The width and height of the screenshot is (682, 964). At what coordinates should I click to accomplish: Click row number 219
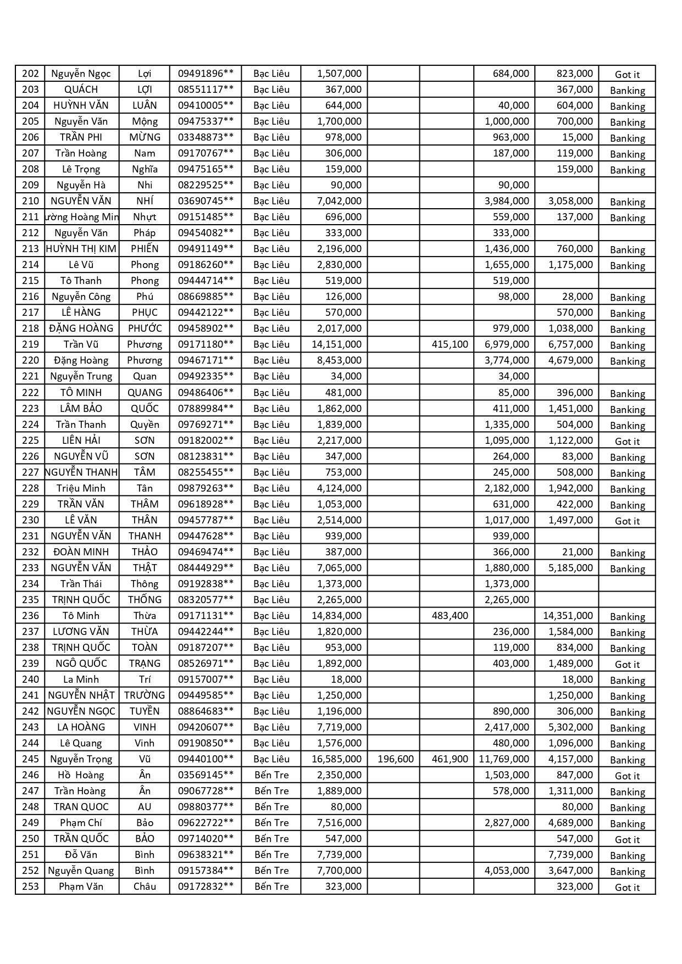(30, 344)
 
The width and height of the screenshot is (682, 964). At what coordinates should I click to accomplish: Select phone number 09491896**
(206, 74)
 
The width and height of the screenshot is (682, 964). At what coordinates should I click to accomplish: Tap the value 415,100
(450, 344)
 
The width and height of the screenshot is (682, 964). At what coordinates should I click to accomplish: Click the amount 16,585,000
(336, 759)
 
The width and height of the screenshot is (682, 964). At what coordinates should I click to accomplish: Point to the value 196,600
(396, 759)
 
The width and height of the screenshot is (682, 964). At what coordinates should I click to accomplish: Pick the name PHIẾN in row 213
(145, 249)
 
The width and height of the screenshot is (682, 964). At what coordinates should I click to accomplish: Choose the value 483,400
(450, 616)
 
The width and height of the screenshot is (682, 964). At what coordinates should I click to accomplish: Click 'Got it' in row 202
(627, 75)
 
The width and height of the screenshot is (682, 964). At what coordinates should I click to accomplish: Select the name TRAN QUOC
(81, 807)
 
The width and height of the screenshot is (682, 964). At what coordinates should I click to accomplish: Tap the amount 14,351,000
(568, 616)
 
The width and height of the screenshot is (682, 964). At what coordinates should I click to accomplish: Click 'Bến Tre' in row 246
(271, 775)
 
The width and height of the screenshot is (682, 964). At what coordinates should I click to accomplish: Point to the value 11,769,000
(504, 759)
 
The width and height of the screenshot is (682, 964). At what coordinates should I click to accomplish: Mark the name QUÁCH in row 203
(81, 90)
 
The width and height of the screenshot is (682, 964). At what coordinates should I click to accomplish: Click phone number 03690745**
(206, 201)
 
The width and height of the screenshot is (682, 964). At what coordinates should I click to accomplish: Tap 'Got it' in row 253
(627, 888)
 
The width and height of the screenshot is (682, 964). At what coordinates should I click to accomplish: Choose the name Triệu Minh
(81, 488)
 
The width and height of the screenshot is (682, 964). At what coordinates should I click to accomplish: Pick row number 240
(30, 679)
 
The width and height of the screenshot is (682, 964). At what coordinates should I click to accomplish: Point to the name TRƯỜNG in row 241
(145, 695)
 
